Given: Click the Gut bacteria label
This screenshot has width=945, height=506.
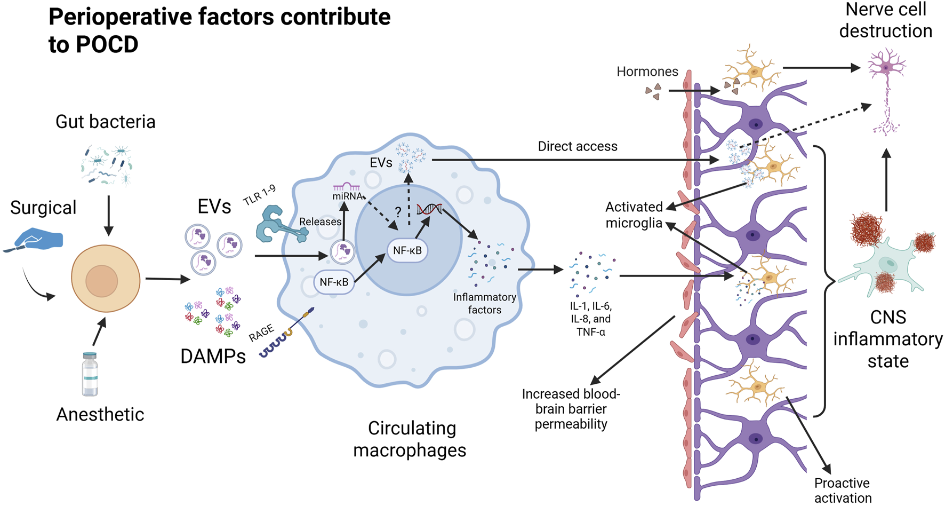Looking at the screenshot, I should [105, 122].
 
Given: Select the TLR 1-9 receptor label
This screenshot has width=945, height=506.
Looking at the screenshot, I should [260, 195].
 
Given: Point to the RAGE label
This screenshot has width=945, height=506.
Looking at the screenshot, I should [261, 333].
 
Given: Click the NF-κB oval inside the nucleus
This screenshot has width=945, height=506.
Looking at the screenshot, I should [407, 250].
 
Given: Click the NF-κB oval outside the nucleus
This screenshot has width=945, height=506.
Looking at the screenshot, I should [334, 282].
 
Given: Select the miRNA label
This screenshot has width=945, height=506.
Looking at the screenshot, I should [348, 196].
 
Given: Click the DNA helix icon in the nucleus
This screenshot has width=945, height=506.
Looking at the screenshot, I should [430, 209].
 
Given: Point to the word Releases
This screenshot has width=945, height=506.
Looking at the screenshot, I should [320, 222].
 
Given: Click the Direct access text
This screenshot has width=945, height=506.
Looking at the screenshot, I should [577, 146].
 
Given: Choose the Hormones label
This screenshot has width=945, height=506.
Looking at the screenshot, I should [647, 72].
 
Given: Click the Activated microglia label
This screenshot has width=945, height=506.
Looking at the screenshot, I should [634, 215].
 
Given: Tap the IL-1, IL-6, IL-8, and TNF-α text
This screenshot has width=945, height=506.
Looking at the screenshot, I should [590, 319].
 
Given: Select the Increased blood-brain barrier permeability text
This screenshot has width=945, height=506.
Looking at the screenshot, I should [571, 409].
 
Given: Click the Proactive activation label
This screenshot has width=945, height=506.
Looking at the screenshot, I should [842, 490].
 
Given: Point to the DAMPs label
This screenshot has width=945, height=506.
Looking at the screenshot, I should [213, 356].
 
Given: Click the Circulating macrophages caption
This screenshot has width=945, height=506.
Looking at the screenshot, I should [410, 439].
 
